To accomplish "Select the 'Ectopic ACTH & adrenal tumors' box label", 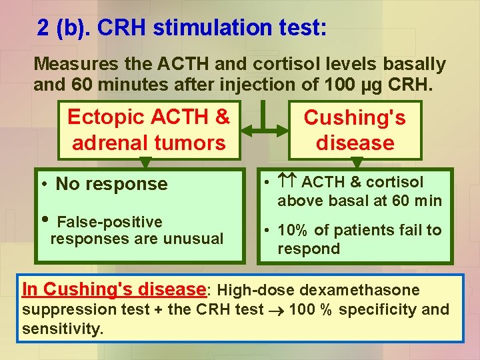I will pyautogui.click(x=148, y=129).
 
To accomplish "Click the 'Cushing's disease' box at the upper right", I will pyautogui.click(x=355, y=129).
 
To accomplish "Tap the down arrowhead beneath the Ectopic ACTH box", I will pyautogui.click(x=148, y=163).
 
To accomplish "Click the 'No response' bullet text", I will pyautogui.click(x=111, y=184).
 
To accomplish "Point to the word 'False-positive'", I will pyautogui.click(x=110, y=222).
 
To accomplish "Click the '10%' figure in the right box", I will pyautogui.click(x=292, y=230).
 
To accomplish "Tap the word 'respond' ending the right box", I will pyautogui.click(x=309, y=249).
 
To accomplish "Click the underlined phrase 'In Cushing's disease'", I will pyautogui.click(x=113, y=290).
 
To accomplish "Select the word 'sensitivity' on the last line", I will pyautogui.click(x=61, y=329).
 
